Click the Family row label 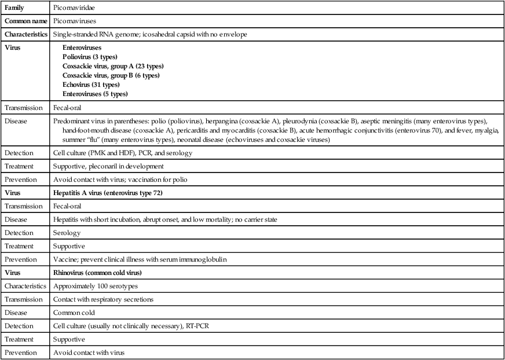click(15, 8)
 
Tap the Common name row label click(24, 21)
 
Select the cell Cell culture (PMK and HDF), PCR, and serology click(123, 153)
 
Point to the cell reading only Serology click(66, 233)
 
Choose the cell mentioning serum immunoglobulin click(140, 259)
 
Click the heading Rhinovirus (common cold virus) click(102, 273)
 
